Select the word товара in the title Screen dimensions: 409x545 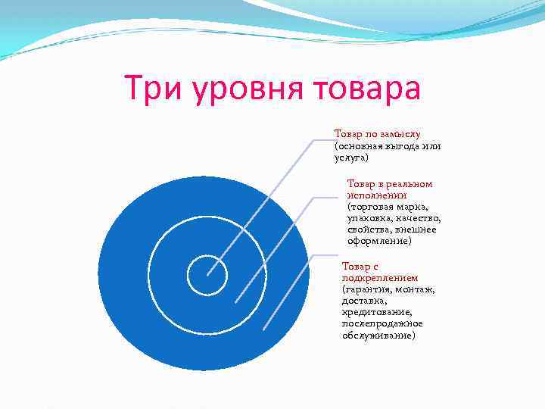[x=367, y=89]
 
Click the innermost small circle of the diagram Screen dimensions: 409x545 [x=207, y=275]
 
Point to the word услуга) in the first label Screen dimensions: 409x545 [x=351, y=158]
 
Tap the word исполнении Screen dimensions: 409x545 [x=377, y=195]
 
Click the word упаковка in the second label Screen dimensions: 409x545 [x=369, y=218]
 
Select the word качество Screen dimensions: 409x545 [x=416, y=218]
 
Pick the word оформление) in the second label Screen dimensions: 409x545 [x=379, y=241]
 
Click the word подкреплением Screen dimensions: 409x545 [x=380, y=278]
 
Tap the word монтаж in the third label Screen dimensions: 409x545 [x=419, y=289]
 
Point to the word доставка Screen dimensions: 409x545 [x=364, y=301]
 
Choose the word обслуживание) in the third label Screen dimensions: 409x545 [x=378, y=335]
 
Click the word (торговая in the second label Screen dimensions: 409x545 [x=369, y=206]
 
